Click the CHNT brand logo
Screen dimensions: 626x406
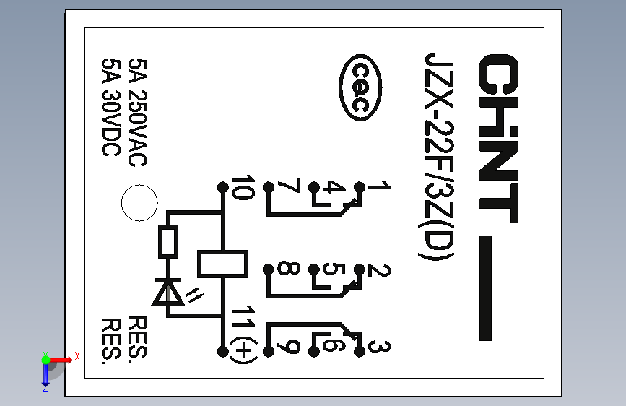pos(498,137)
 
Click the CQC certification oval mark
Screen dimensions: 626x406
pos(361,87)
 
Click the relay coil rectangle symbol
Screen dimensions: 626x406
pos(222,263)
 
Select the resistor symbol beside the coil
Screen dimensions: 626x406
pos(169,242)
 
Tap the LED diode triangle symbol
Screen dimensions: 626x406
pos(169,293)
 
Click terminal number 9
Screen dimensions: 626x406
pos(288,347)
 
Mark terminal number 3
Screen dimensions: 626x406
pos(377,347)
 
